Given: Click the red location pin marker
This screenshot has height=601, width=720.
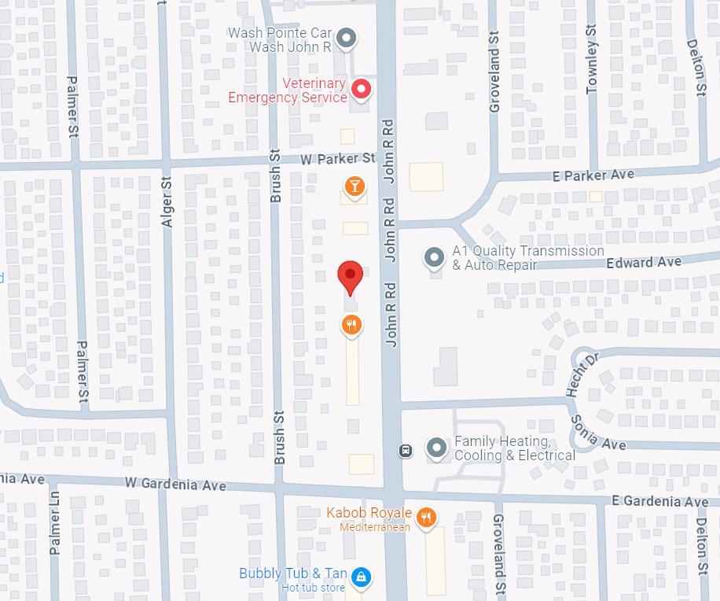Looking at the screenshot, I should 350,276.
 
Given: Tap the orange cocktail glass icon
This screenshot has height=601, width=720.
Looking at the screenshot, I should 354,186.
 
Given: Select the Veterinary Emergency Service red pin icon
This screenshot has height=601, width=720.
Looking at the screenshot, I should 361,90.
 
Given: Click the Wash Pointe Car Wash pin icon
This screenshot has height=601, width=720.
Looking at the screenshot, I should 346,38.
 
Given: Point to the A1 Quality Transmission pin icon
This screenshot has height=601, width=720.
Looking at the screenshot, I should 433,256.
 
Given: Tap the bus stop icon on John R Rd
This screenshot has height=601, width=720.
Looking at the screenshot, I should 406,451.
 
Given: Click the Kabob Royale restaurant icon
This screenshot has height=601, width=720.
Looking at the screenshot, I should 426,517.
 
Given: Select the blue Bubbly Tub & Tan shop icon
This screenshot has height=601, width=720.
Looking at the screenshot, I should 361,577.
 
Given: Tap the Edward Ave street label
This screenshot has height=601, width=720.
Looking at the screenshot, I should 644,261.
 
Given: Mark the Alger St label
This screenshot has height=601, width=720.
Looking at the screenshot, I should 167,202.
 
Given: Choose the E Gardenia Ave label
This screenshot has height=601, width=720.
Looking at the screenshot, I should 659,501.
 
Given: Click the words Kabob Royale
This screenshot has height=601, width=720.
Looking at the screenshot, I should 369,514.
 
